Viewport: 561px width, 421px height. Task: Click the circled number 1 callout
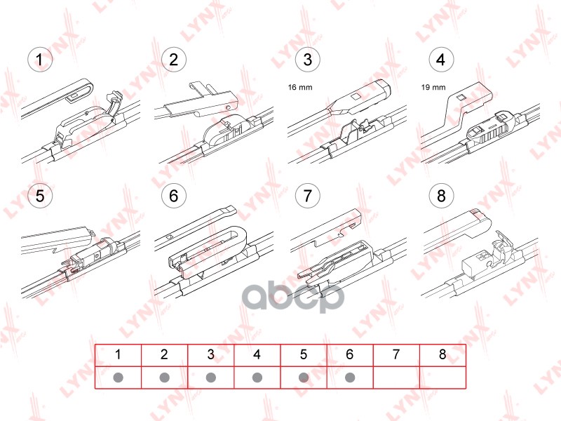coord(40,60)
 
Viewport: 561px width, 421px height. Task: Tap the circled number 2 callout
coord(173,60)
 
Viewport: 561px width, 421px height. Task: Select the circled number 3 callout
coord(308,60)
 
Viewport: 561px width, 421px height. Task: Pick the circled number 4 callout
coord(441,60)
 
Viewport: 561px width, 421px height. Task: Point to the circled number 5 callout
coord(40,196)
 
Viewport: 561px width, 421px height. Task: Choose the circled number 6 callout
coord(173,196)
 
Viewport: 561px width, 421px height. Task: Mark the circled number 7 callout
coord(308,196)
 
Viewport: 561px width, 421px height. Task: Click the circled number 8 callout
coord(441,196)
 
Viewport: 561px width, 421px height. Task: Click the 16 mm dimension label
coord(300,87)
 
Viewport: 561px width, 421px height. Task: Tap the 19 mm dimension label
coord(433,87)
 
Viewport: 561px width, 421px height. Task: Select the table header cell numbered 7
coord(396,355)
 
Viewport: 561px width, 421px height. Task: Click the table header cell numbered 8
coord(442,355)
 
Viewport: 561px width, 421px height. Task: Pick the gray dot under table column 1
coord(118,377)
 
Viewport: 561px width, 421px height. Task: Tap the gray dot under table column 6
coord(350,377)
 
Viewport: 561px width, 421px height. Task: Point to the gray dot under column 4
coord(257,377)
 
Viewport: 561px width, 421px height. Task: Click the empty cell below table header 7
coord(396,377)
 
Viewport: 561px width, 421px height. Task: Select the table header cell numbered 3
coord(211,355)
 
